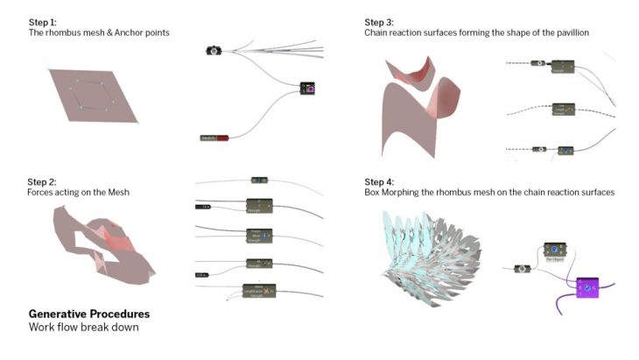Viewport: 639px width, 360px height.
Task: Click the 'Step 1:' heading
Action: (44, 21)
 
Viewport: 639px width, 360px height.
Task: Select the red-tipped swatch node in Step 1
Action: (214, 138)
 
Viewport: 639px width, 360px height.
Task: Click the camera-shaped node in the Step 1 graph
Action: (212, 51)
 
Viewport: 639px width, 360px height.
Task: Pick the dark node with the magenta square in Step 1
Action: (307, 88)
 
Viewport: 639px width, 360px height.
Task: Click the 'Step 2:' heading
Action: (45, 180)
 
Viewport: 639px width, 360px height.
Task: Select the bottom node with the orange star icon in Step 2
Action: (260, 290)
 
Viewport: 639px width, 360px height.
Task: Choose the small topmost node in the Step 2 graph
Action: (258, 180)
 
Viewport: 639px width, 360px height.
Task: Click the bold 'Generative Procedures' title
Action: (88, 314)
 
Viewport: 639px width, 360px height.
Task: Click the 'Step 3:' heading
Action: (381, 21)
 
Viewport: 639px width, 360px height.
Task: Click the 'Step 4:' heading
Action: (381, 180)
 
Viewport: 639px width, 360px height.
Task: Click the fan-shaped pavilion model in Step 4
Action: (429, 254)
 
